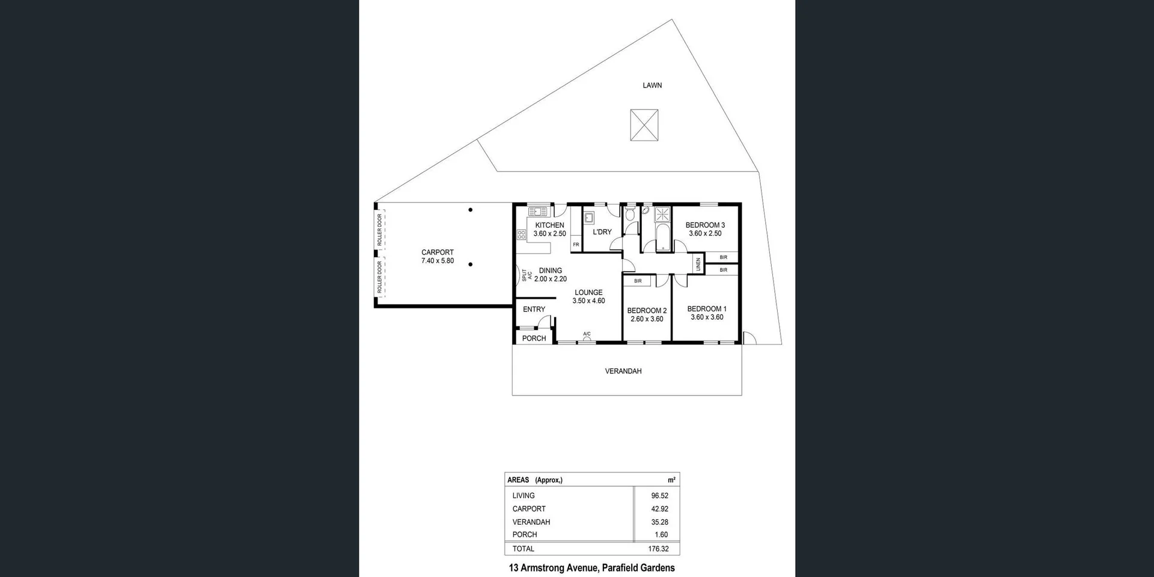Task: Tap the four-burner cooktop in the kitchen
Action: click(521, 235)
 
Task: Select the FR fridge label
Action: click(576, 245)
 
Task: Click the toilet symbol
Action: click(630, 214)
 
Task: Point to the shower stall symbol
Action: click(662, 214)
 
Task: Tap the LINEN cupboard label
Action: click(698, 264)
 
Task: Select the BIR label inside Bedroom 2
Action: click(638, 281)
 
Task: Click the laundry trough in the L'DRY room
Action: click(589, 218)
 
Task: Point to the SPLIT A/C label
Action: click(527, 275)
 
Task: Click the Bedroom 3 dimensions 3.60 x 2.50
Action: click(705, 234)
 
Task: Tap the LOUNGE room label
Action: click(588, 293)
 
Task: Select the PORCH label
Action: click(534, 338)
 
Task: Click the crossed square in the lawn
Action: click(644, 125)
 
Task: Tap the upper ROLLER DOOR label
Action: click(380, 229)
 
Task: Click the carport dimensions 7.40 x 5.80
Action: click(438, 261)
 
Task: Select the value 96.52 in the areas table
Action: click(659, 496)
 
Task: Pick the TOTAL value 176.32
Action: click(658, 549)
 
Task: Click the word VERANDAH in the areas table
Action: click(531, 522)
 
